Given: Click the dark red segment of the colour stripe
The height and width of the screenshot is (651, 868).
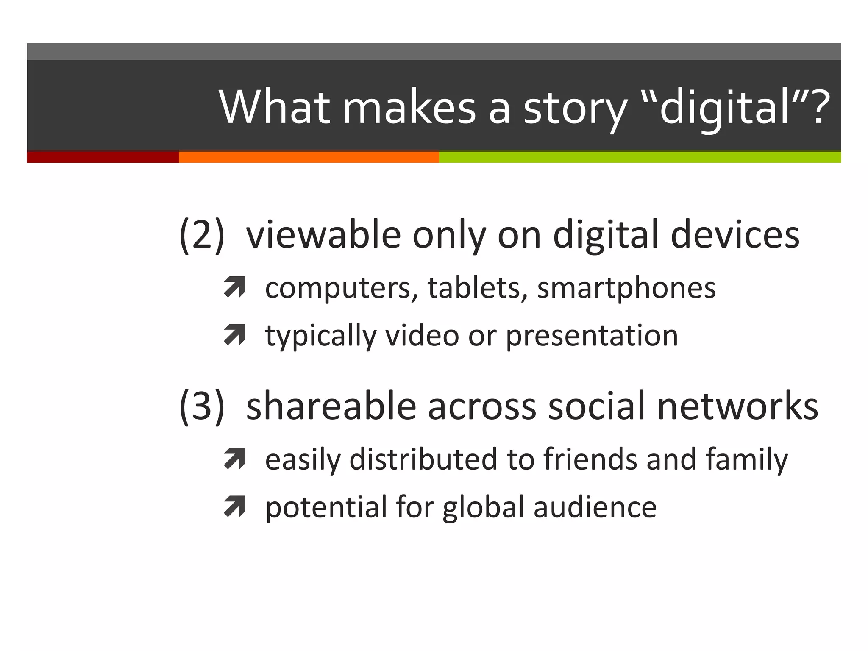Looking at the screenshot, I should coord(103,157).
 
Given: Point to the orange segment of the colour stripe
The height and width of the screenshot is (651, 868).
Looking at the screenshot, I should coord(309,157).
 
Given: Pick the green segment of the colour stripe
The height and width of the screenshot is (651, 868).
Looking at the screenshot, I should coord(640,157).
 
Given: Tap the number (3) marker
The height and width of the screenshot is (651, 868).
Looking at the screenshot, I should coord(202,406).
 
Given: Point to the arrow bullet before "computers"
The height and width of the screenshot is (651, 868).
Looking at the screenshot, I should coord(235,287).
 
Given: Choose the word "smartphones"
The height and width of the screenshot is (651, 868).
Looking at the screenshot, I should coord(626,288).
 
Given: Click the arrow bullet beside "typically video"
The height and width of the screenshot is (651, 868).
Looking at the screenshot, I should coord(235,334).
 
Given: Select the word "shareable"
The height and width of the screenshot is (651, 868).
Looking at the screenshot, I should coord(331,406).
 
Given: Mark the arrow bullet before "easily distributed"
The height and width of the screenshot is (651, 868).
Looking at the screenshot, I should coord(235,459).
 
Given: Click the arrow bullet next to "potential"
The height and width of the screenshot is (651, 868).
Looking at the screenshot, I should coord(235,506).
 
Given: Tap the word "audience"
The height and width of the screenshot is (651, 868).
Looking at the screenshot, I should coord(595,507).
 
